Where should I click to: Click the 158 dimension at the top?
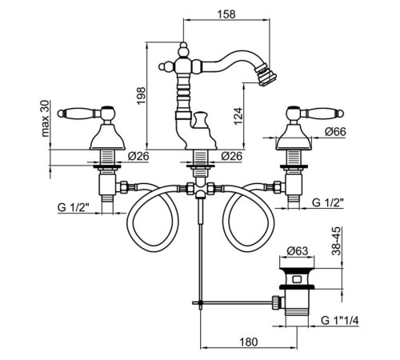[x=226, y=14]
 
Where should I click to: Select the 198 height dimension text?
[x=141, y=96]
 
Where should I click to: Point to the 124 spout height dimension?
[x=238, y=116]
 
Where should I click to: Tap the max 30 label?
[x=45, y=118]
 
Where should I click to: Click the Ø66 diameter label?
[x=335, y=131]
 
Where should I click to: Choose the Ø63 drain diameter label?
[x=298, y=250]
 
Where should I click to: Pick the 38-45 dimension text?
[x=337, y=241]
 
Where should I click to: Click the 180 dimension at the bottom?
[x=248, y=342]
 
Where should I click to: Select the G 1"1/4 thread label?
[x=340, y=320]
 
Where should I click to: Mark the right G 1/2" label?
[x=328, y=202]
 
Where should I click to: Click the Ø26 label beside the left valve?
[x=138, y=156]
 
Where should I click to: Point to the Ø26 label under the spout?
[x=232, y=156]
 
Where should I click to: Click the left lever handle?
[x=79, y=114]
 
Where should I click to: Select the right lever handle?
[x=322, y=114]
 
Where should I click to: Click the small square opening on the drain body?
[x=297, y=280]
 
